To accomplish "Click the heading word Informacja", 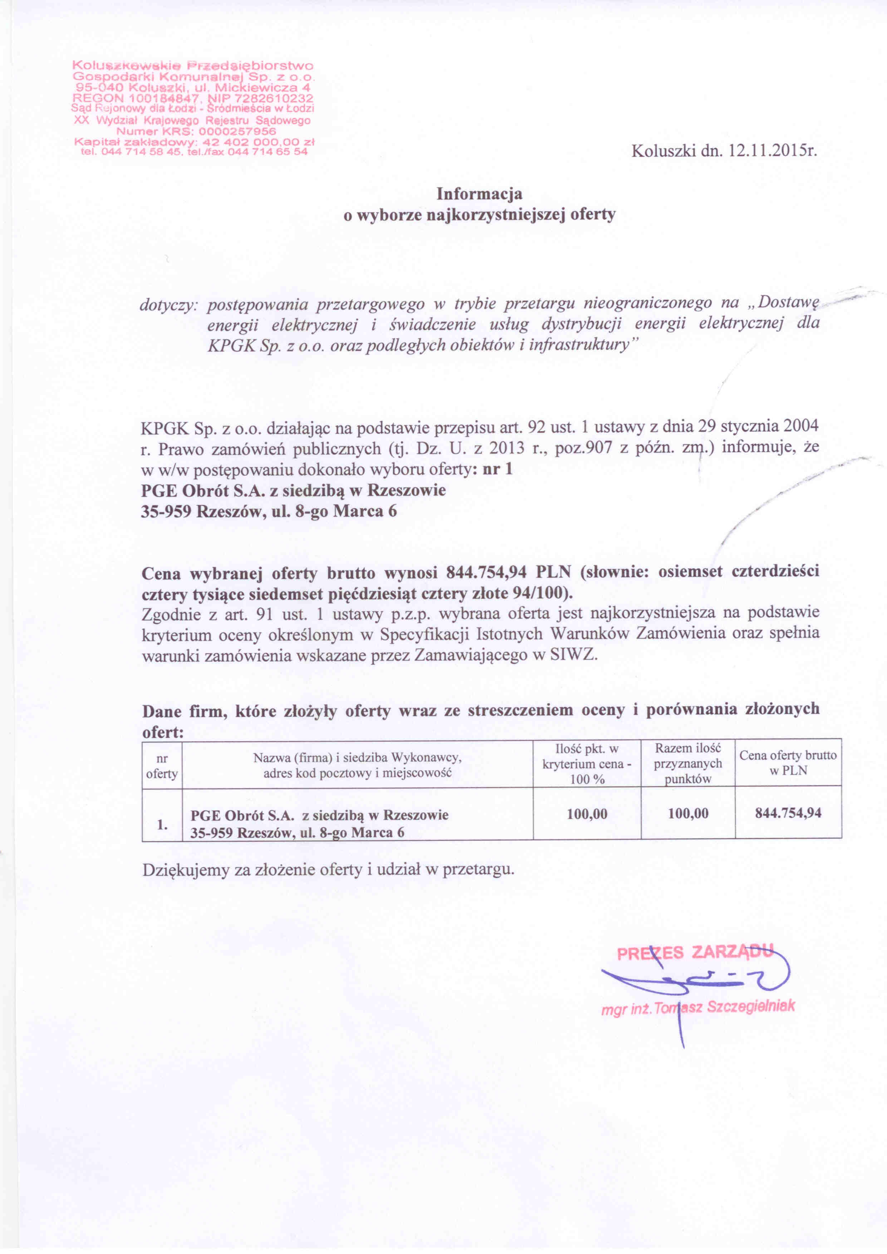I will tap(479, 194).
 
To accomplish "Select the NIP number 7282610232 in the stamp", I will tap(274, 99).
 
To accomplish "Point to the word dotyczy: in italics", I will tap(168, 304).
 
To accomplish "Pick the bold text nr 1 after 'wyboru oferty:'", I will tap(498, 469).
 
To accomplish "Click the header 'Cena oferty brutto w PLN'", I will tap(788, 763).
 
